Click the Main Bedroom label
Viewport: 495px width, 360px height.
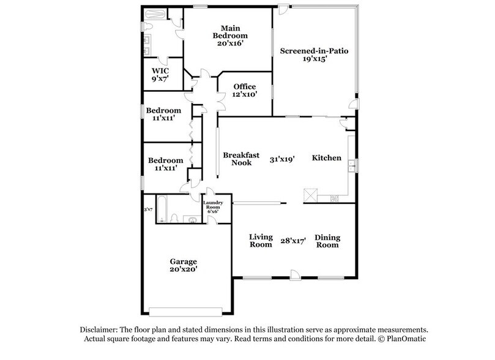tap(229, 31)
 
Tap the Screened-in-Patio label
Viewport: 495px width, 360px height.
tap(314, 51)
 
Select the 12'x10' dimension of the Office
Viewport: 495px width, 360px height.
tap(244, 95)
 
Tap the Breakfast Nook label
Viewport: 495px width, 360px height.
tap(237, 159)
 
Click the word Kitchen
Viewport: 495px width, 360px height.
tap(327, 158)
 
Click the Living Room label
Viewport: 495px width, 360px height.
tap(260, 241)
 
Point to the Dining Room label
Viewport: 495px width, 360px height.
tap(327, 241)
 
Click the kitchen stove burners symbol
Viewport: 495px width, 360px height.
tap(335, 197)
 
